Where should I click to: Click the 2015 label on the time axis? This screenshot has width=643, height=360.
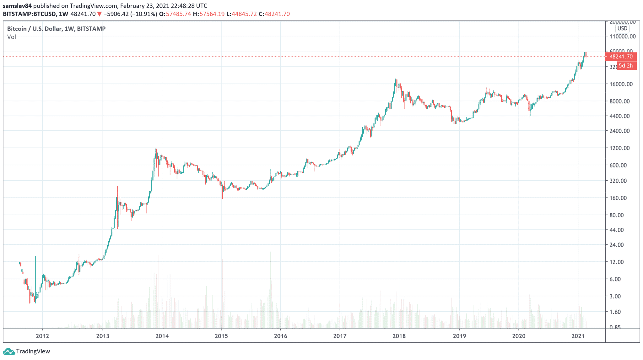[x=221, y=336]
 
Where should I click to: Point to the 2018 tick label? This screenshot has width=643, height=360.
[x=399, y=336]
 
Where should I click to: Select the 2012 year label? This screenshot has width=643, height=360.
[x=42, y=336]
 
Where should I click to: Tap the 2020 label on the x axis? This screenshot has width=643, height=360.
[x=519, y=336]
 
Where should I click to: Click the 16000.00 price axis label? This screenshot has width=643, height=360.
[x=621, y=84]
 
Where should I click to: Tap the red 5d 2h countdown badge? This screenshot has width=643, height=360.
[x=626, y=66]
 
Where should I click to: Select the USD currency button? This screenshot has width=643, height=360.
[x=622, y=29]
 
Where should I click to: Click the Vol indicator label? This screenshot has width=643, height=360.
[x=12, y=37]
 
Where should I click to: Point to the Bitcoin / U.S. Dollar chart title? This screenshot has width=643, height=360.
[x=56, y=29]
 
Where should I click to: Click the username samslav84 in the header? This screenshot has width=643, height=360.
[x=17, y=6]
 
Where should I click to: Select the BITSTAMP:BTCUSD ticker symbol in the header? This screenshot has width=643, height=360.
[x=30, y=14]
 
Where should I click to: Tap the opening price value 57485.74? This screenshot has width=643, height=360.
[x=178, y=14]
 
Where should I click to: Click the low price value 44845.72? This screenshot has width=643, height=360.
[x=244, y=14]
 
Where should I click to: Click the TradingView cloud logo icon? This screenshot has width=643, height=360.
[x=9, y=351]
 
